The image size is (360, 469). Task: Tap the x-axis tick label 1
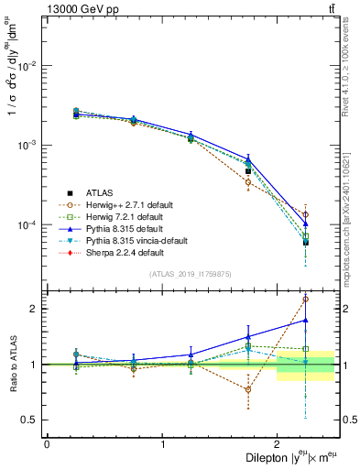(162, 444)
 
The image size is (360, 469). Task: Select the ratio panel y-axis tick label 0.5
(31, 420)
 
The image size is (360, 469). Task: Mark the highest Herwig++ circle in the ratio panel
(306, 299)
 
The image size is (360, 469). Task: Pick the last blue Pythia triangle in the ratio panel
(306, 321)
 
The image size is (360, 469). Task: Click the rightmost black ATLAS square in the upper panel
(306, 242)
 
